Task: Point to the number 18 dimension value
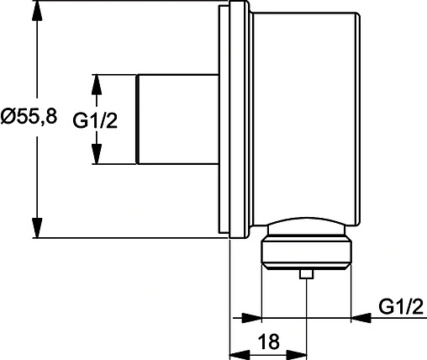(x=268, y=342)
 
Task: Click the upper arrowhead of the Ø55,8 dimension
(x=37, y=15)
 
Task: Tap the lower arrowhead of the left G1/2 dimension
(x=97, y=156)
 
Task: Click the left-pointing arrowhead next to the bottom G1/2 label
(x=360, y=317)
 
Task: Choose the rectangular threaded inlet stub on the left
(x=179, y=119)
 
